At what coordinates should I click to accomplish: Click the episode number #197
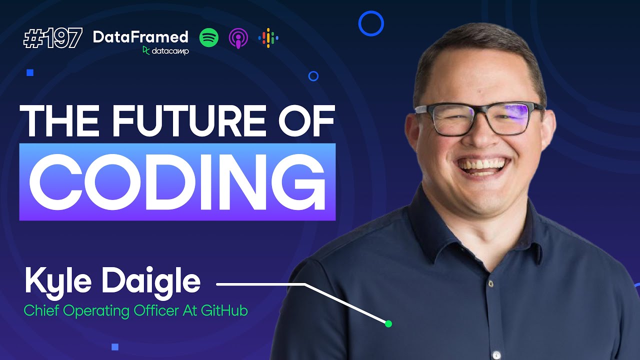pos(52,38)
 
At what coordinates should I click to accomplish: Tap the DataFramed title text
pos(140,36)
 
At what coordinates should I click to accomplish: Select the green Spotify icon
pos(209,37)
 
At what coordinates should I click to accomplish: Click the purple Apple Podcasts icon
pos(238,38)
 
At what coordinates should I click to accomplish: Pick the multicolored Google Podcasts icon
pos(268,38)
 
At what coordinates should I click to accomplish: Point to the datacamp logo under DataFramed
pos(165,50)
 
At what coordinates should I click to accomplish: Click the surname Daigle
pos(151,281)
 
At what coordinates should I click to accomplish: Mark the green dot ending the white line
pos(388,324)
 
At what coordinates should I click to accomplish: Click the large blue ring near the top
pos(371,23)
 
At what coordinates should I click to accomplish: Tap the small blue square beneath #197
pos(30,73)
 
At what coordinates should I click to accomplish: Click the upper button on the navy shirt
pos(490,283)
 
